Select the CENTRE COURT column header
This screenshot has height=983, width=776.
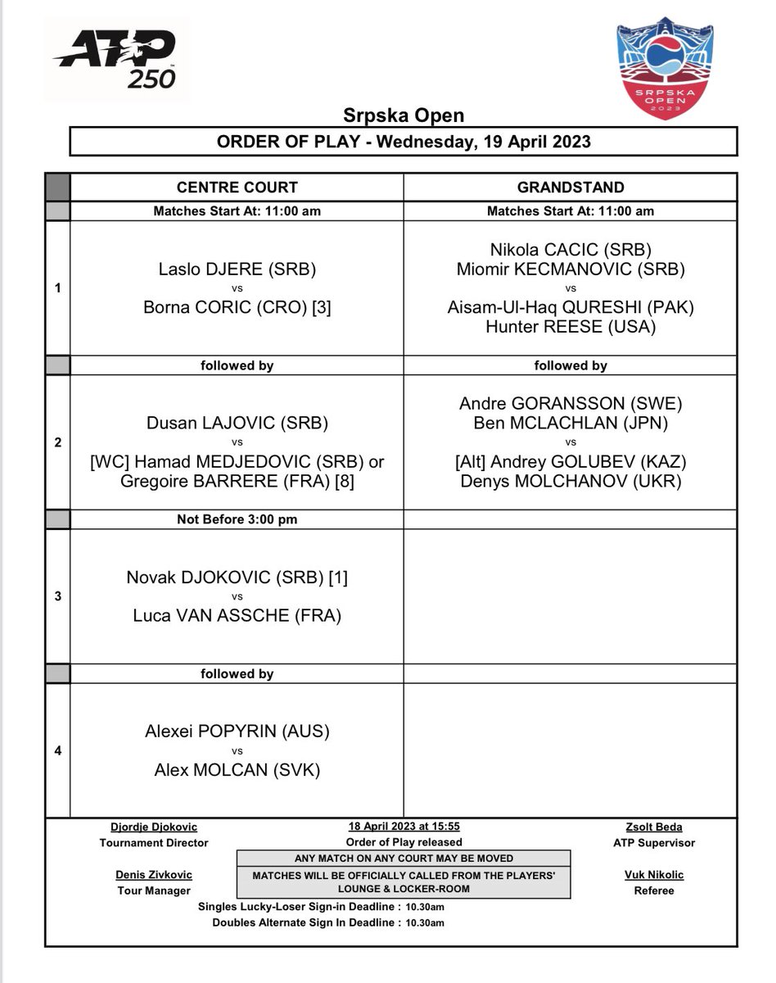tap(237, 187)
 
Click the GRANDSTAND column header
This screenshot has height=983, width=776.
tap(571, 187)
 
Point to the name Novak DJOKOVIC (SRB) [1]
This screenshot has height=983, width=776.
tap(237, 578)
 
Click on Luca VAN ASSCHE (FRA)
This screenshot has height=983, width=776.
tap(237, 614)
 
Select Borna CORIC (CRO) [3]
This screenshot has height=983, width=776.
tap(237, 306)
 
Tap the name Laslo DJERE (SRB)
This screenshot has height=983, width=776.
tap(237, 269)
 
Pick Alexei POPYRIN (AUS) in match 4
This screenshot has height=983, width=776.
tap(237, 732)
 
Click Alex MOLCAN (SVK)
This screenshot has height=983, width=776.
tap(237, 769)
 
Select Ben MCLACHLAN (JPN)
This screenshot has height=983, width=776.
tap(571, 423)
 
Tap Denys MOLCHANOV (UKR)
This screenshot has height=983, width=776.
tap(571, 481)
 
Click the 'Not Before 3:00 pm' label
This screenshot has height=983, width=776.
tap(237, 519)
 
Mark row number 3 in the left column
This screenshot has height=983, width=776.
tap(57, 596)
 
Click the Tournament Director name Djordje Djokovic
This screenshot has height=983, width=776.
tap(154, 827)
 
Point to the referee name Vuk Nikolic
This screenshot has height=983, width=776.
tap(653, 874)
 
